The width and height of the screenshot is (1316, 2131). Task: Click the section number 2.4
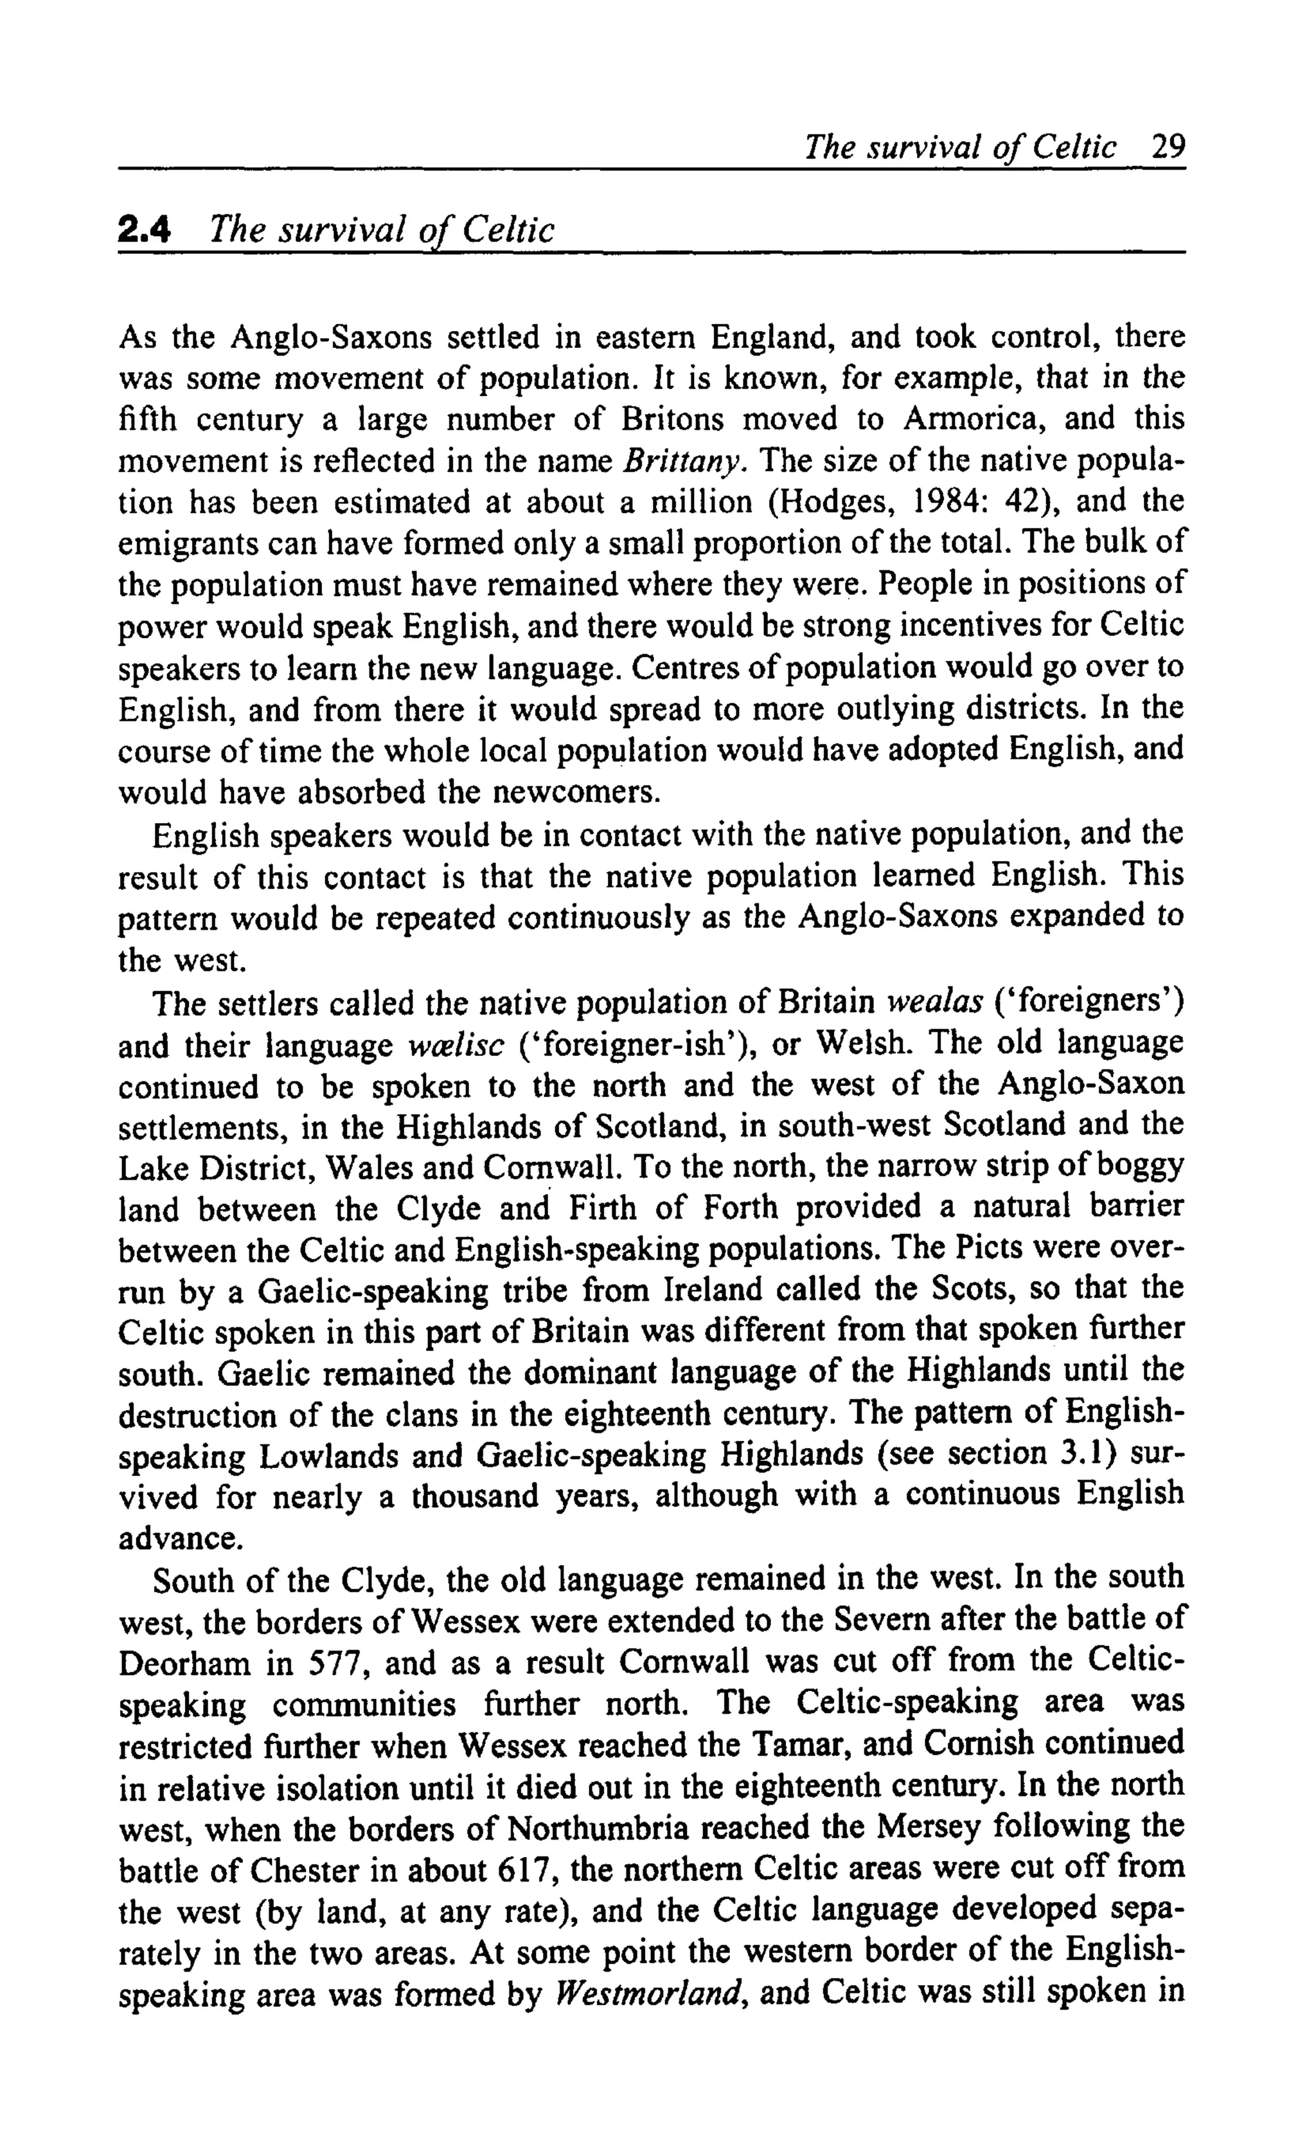click(x=145, y=231)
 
